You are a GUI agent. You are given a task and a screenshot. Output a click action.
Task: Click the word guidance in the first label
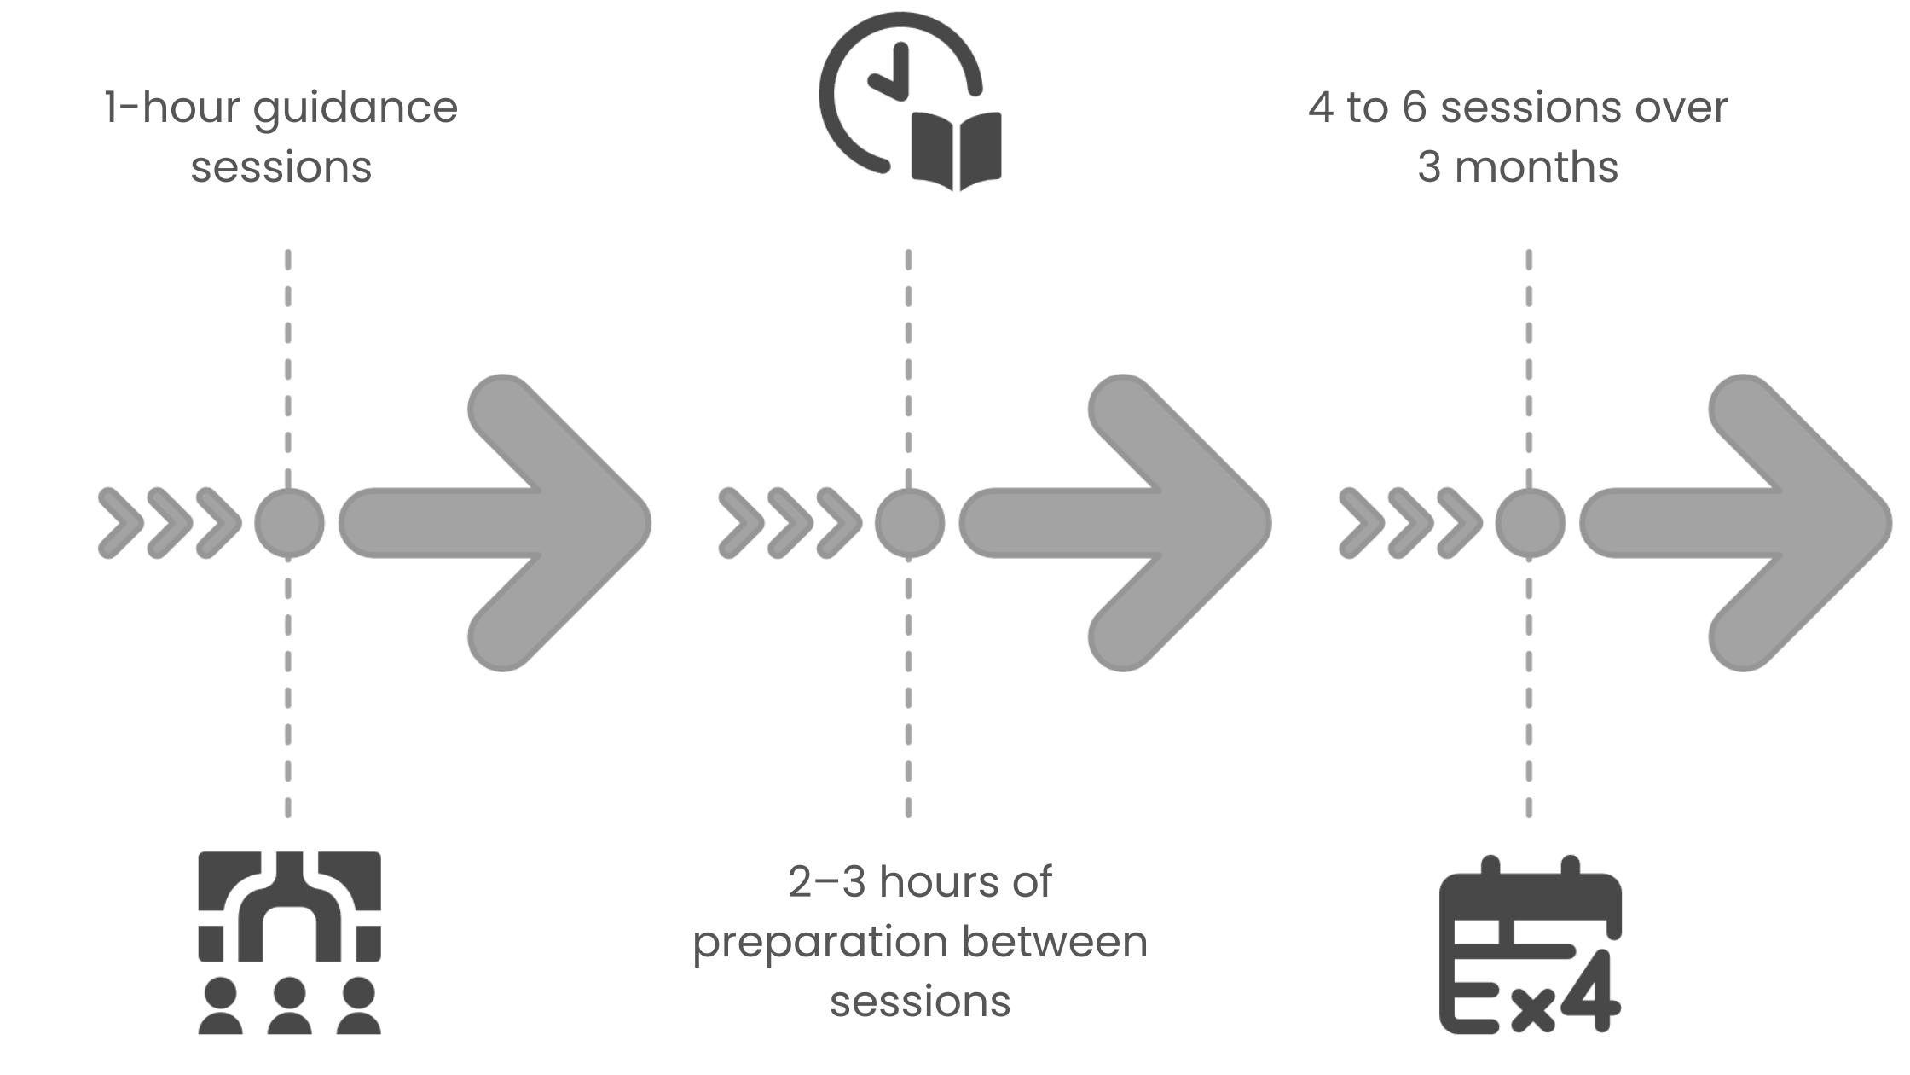[356, 108]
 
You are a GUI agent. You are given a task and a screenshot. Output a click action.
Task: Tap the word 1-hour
[172, 107]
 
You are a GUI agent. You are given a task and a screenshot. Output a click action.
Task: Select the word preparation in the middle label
[820, 944]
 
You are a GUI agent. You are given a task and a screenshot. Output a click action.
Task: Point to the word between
[1055, 942]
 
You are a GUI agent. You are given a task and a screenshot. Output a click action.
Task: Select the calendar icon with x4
[1530, 944]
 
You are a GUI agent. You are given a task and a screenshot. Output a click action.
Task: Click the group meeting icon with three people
[289, 943]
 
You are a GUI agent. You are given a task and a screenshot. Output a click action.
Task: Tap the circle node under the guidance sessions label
[289, 523]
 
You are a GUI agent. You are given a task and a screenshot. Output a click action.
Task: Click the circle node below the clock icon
[910, 523]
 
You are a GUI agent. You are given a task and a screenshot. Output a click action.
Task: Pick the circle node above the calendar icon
[1530, 523]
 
